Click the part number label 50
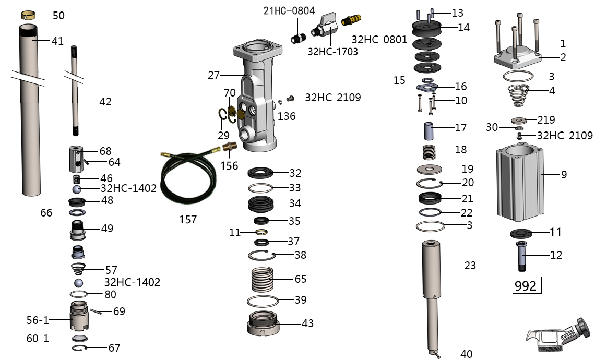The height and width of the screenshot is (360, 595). (x=58, y=16)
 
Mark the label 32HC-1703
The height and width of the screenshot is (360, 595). (x=332, y=52)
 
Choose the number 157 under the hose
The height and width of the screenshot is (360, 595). (x=188, y=219)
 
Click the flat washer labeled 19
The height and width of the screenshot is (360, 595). (x=430, y=169)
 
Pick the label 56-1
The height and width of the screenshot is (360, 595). (x=38, y=320)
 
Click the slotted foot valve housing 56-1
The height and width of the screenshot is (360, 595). (x=79, y=316)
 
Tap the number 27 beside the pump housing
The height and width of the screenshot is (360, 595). (x=214, y=75)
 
